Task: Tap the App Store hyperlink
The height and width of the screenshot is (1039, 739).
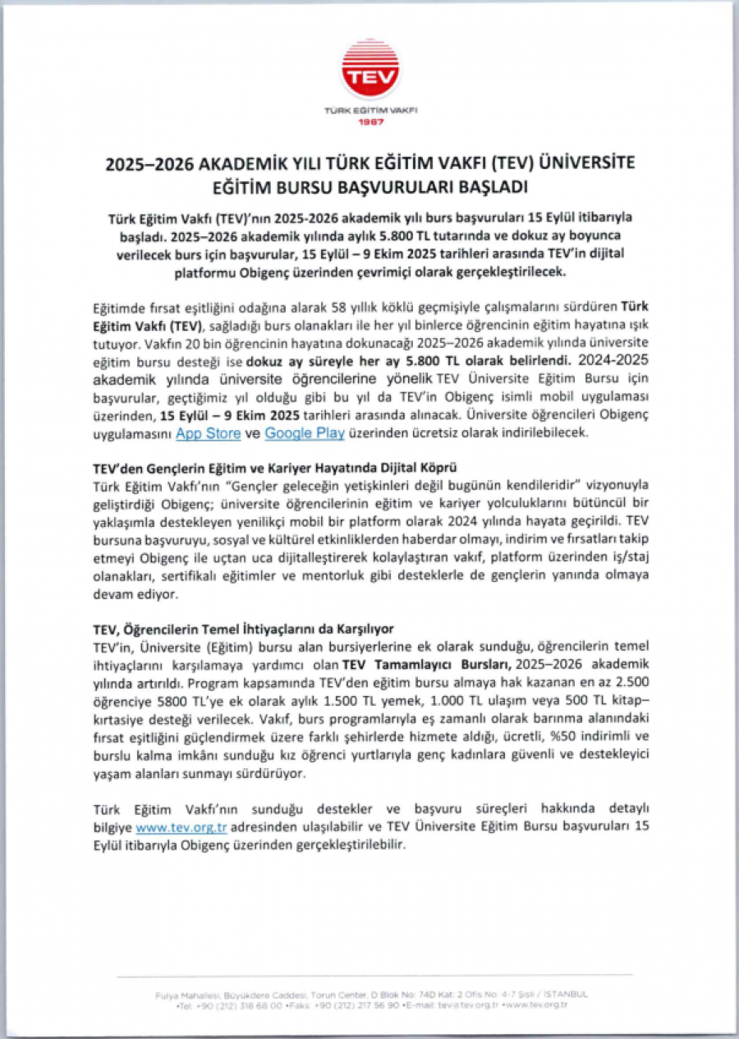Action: click(208, 433)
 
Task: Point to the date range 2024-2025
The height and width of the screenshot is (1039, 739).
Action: click(614, 359)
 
